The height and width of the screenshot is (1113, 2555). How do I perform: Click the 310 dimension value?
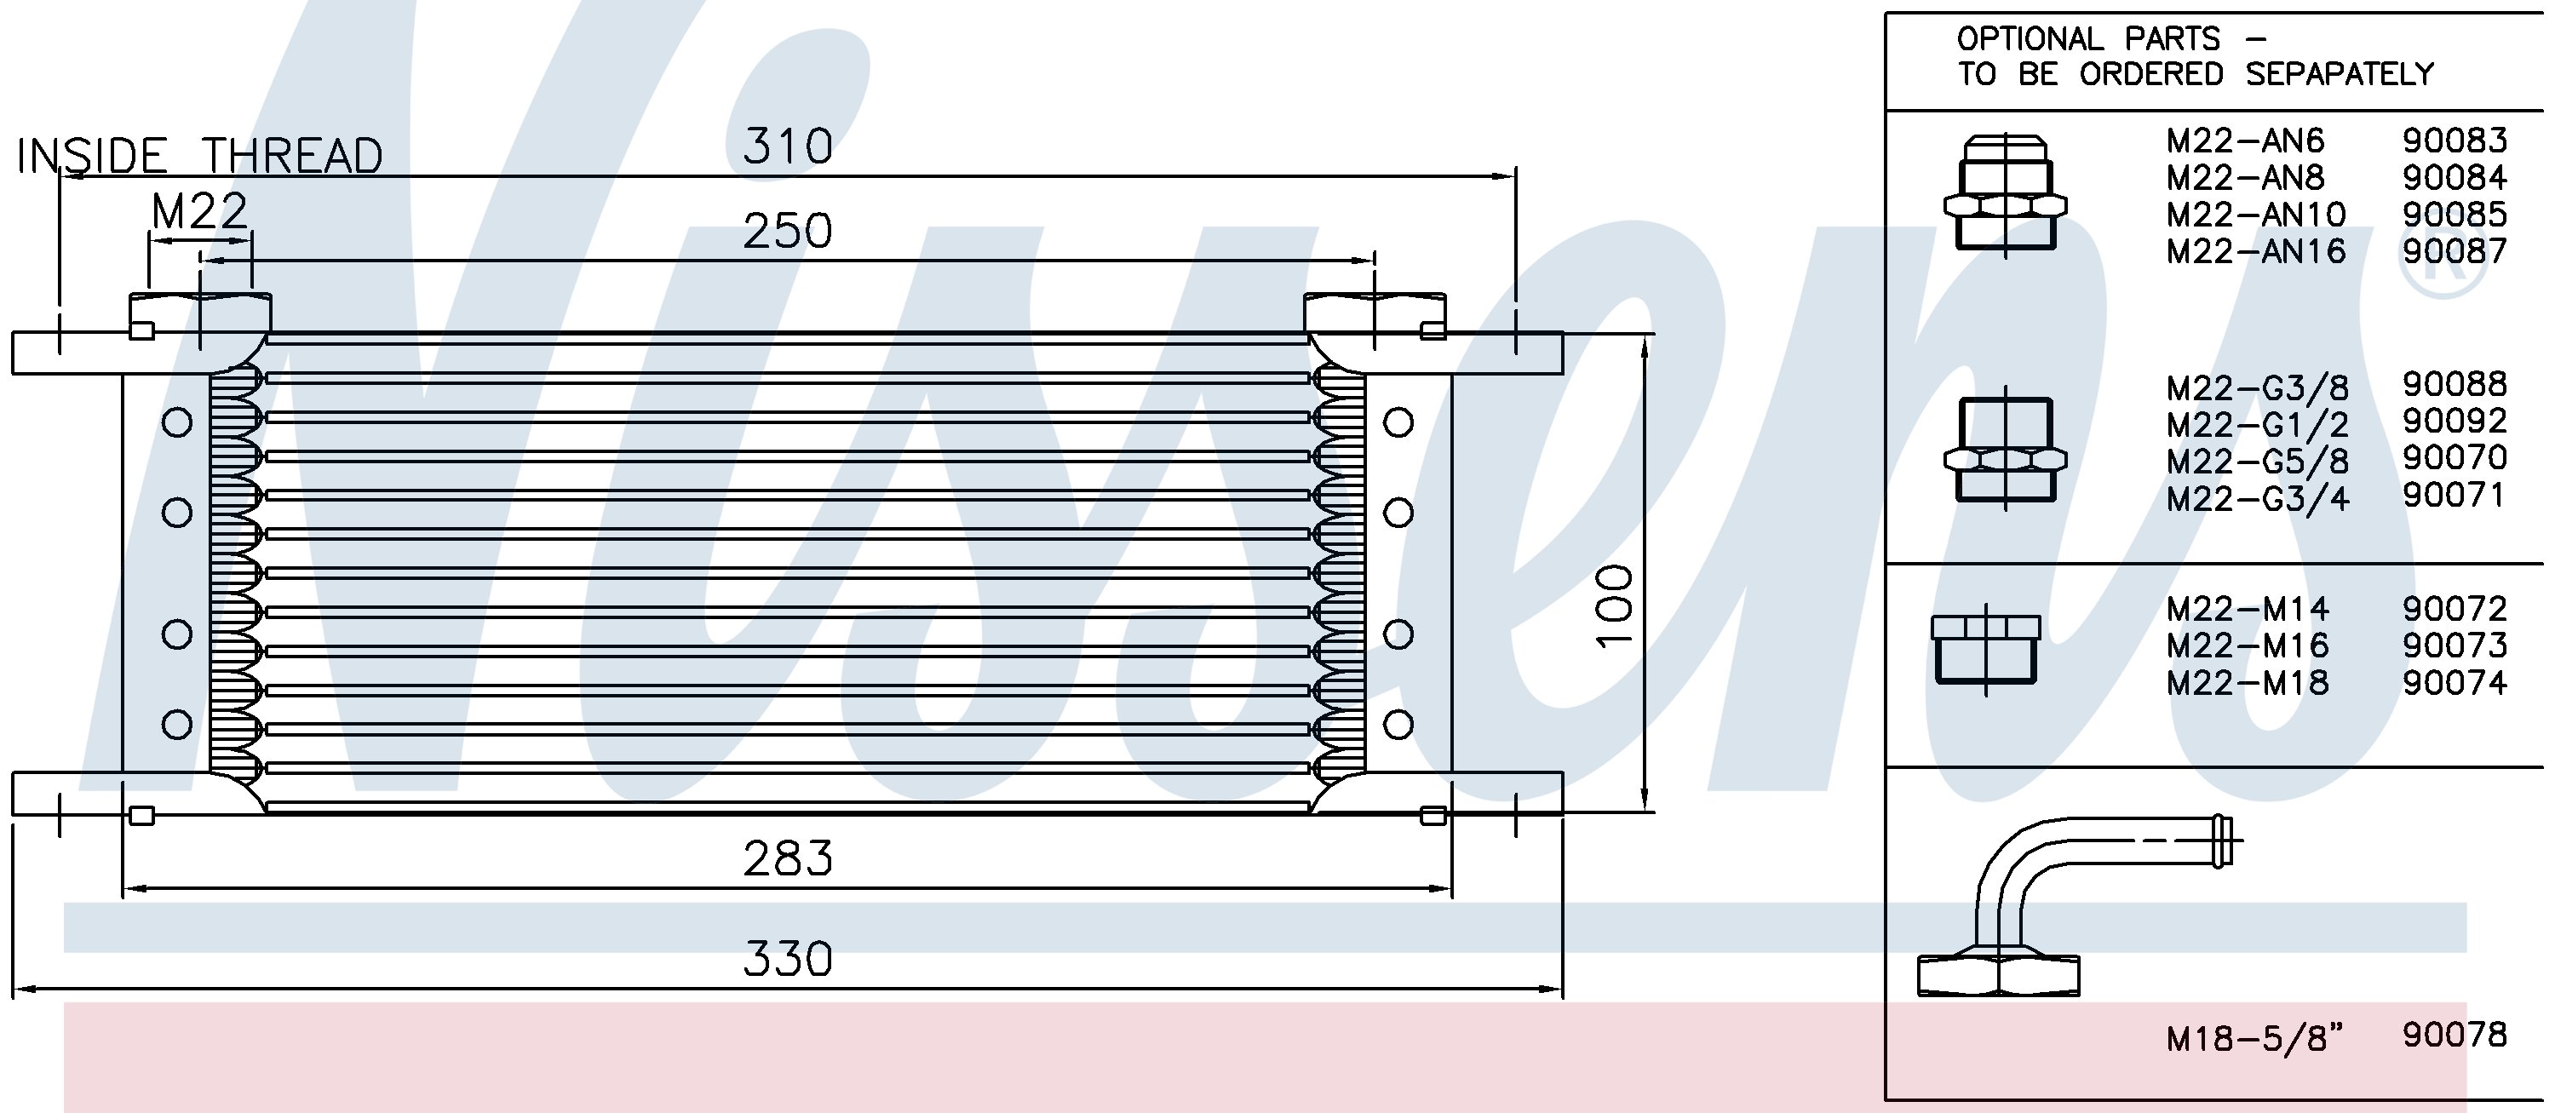click(x=788, y=146)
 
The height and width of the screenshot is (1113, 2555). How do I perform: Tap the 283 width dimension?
click(x=788, y=858)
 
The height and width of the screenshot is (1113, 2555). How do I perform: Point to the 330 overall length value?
click(x=788, y=959)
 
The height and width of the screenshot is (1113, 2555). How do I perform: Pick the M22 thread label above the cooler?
click(x=199, y=211)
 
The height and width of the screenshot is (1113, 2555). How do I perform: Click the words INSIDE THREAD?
click(x=199, y=156)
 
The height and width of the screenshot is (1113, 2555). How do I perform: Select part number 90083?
click(x=2454, y=140)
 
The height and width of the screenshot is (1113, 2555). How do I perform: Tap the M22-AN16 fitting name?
click(x=2255, y=251)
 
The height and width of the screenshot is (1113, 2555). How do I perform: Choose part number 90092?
click(x=2454, y=421)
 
